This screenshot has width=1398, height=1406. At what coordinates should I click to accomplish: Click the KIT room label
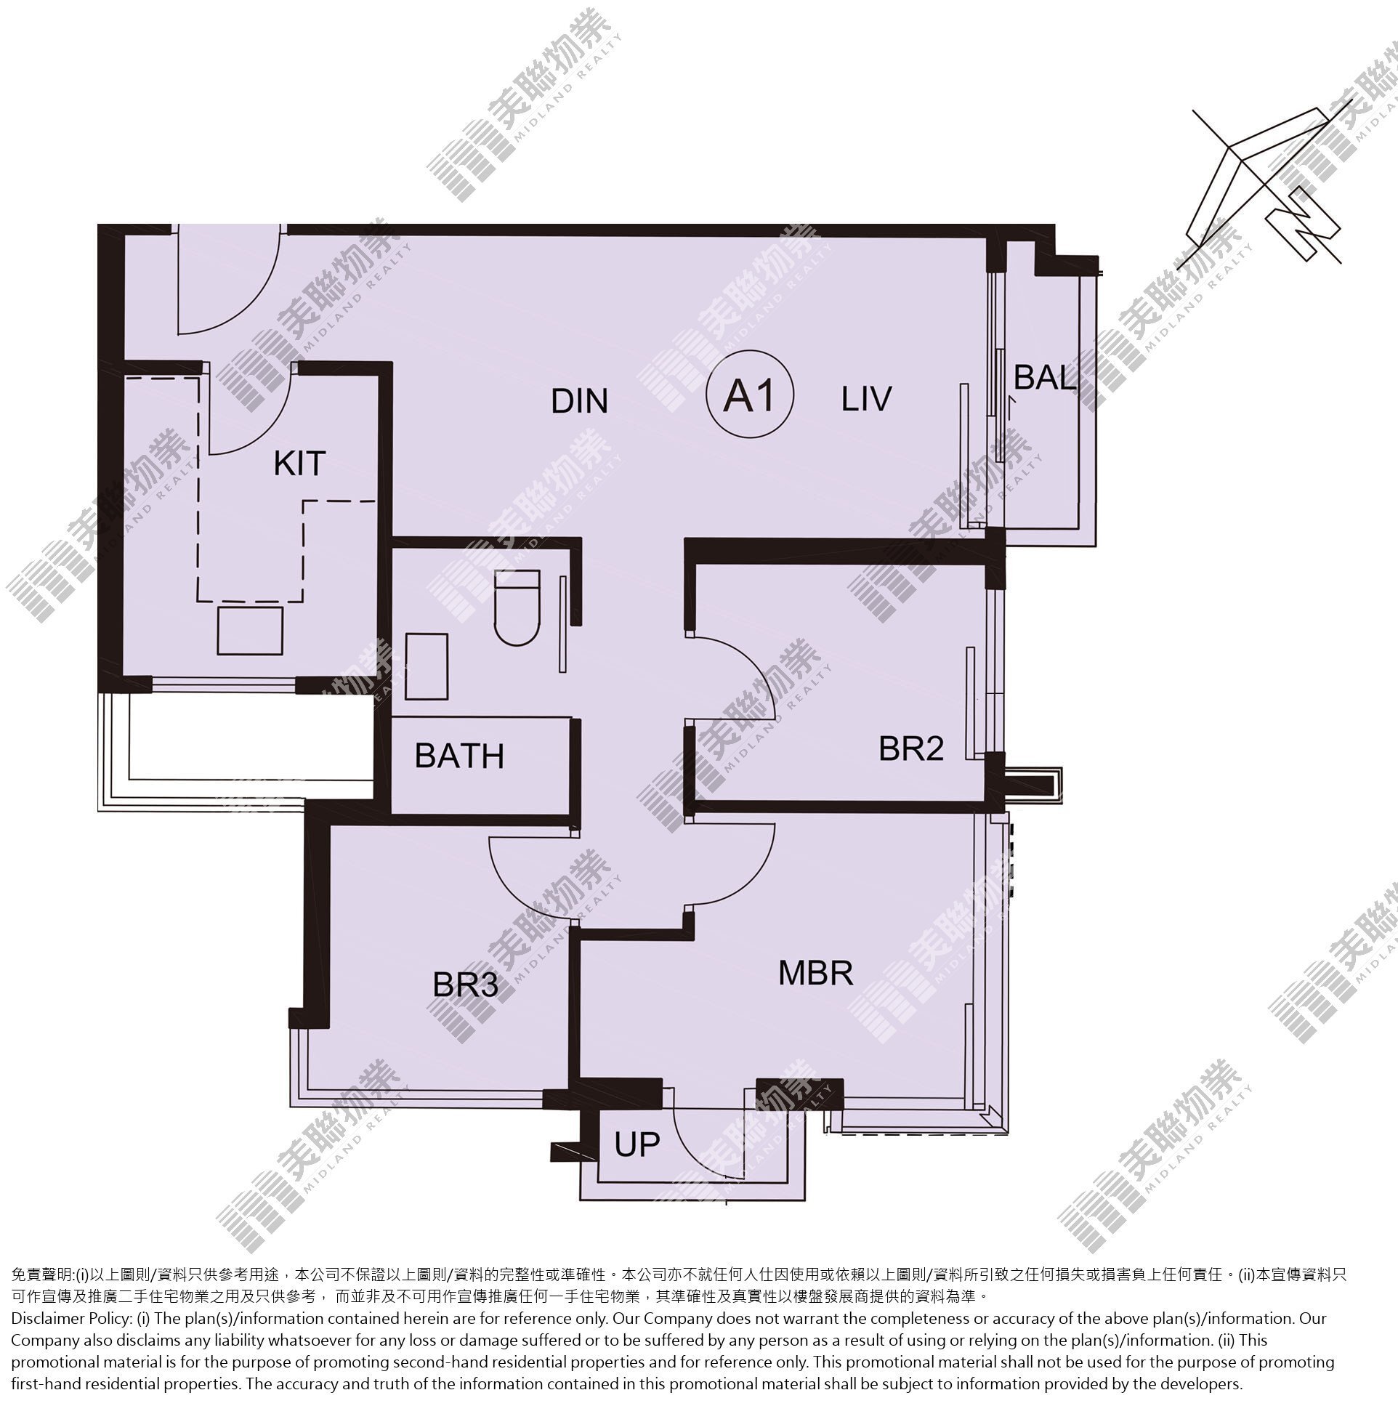click(x=299, y=464)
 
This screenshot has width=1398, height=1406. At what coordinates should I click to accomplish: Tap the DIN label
click(x=579, y=401)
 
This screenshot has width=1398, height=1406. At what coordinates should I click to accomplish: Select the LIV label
click(x=866, y=399)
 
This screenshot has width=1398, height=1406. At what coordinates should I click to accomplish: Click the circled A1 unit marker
click(x=750, y=395)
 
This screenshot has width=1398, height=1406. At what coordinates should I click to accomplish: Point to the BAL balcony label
click(x=1045, y=377)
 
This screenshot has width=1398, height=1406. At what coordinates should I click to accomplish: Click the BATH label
click(x=459, y=756)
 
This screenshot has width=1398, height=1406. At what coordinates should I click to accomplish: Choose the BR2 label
click(x=911, y=748)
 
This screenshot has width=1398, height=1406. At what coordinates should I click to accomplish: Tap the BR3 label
click(x=465, y=985)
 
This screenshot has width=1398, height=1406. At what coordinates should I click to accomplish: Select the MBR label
click(x=815, y=973)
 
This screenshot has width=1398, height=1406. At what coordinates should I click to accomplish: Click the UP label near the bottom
click(x=637, y=1144)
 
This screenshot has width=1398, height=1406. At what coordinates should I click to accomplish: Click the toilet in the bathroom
click(x=517, y=608)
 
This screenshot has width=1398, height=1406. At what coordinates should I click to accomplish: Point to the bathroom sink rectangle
click(x=427, y=666)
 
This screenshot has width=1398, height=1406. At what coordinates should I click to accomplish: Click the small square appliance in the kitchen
click(x=250, y=630)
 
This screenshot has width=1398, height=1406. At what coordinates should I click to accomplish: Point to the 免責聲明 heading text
click(x=43, y=1275)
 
